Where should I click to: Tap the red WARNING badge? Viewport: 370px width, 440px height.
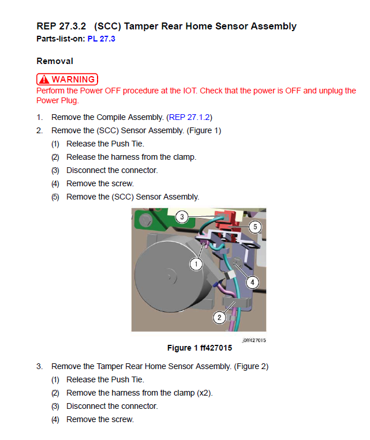pos(67,80)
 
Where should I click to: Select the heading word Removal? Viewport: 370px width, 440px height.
pos(54,61)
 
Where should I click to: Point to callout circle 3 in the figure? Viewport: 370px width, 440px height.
pos(182,217)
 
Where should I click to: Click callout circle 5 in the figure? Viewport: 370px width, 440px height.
pos(255,227)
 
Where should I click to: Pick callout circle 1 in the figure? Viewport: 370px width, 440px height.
pos(196,264)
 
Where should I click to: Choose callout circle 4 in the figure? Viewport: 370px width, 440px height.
pos(252,282)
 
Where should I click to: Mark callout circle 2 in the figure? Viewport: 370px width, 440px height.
pos(219,317)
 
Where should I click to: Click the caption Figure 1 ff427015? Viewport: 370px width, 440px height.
pos(199,348)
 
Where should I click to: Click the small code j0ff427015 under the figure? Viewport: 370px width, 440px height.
pos(254,340)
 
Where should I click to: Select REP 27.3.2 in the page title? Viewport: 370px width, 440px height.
pos(61,26)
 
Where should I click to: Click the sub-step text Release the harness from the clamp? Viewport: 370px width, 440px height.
pos(131,157)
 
